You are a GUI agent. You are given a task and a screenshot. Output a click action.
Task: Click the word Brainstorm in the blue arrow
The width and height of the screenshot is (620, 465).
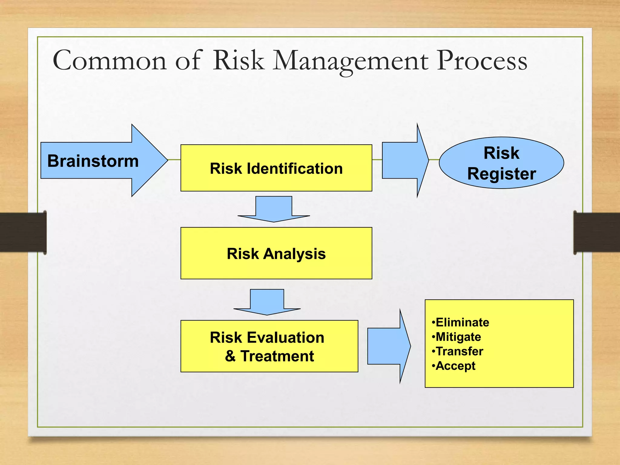click(93, 161)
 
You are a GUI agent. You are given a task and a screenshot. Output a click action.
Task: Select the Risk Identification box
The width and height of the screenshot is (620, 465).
click(276, 168)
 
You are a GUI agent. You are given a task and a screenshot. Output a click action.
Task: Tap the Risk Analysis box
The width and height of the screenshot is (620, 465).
click(276, 253)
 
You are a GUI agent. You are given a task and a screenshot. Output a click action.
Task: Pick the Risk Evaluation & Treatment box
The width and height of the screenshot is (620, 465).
click(269, 346)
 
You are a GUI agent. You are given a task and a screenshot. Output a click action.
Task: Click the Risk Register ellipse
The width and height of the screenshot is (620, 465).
click(501, 163)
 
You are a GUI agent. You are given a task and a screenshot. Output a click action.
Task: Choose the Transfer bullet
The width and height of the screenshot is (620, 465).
click(457, 351)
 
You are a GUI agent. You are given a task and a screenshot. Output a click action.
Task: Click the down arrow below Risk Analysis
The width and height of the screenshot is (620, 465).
click(267, 302)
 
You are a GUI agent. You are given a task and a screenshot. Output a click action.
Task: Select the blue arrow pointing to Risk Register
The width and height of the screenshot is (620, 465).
click(405, 160)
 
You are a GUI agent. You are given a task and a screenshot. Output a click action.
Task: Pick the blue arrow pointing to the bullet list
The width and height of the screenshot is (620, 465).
click(389, 346)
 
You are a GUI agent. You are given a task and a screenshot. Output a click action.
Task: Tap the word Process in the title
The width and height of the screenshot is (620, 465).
click(482, 61)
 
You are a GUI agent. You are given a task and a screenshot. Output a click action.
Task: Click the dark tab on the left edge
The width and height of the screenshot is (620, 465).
click(23, 232)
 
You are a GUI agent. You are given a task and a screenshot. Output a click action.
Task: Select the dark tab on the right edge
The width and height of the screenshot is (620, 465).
click(596, 232)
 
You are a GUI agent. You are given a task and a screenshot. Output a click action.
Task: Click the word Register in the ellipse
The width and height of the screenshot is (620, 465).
click(501, 174)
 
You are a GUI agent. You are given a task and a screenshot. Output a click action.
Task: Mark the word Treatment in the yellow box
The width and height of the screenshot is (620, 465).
click(277, 356)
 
